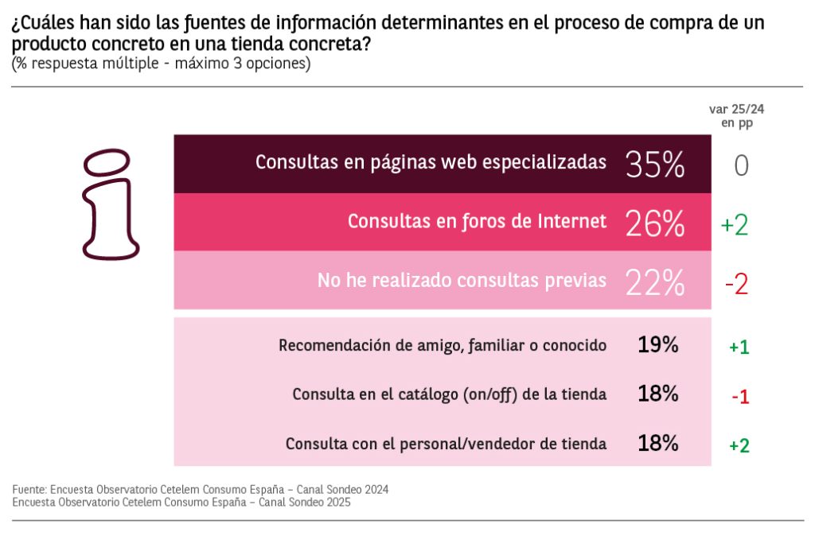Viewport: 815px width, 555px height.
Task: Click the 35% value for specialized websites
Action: tap(655, 164)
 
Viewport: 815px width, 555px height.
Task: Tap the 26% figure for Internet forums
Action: tap(655, 223)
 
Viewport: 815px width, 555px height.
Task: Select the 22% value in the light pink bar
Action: tap(655, 281)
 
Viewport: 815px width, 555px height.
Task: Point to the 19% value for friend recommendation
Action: tap(657, 344)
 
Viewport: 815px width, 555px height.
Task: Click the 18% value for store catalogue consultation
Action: tap(657, 394)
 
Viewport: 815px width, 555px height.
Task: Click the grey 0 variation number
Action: tap(741, 165)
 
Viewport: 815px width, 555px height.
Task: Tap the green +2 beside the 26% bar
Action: tap(735, 225)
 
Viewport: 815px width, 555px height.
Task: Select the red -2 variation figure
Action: tap(736, 284)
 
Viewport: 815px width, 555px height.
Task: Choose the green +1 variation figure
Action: tap(739, 347)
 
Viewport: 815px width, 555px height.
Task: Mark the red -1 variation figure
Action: tap(739, 396)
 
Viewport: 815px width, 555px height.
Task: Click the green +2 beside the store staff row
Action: tap(739, 445)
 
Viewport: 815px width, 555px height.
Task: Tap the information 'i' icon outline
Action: tap(110, 204)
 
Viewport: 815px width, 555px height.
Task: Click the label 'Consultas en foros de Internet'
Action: tap(477, 221)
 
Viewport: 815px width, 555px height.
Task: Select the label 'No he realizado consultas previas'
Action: tap(462, 280)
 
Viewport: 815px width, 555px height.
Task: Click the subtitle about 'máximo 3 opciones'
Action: tap(161, 64)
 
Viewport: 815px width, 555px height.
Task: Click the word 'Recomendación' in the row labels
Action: tap(327, 345)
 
